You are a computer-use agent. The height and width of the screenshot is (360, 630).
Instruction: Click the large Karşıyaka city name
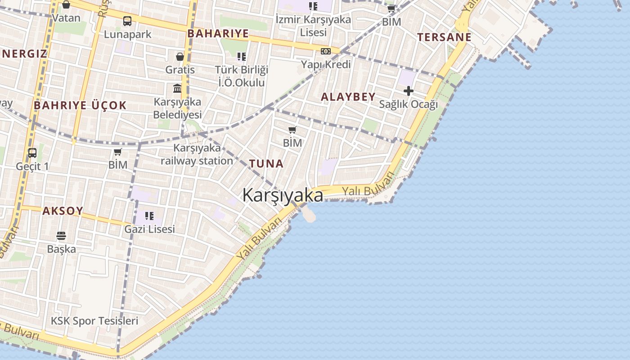click(x=283, y=195)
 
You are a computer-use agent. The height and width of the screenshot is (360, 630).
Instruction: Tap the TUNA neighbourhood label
click(x=266, y=164)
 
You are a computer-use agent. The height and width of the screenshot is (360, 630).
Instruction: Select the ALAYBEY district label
click(x=348, y=96)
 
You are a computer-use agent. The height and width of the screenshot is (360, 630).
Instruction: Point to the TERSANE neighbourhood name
click(x=444, y=37)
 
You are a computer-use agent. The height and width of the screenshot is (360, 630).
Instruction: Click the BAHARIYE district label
click(x=218, y=34)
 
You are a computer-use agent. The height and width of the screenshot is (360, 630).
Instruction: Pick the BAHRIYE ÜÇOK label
click(x=81, y=106)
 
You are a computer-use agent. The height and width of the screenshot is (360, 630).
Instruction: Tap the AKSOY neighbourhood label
click(x=63, y=211)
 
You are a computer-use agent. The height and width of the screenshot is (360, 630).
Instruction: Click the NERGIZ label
click(x=25, y=54)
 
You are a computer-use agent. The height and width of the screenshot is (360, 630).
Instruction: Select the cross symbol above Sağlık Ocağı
click(x=408, y=91)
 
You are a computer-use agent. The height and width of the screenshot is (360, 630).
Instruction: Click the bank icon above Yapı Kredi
click(x=326, y=51)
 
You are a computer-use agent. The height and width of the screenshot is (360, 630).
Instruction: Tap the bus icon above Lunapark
click(x=127, y=21)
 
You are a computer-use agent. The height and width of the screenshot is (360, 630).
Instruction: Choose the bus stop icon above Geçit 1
click(x=32, y=153)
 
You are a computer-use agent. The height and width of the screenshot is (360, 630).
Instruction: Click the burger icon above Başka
click(x=61, y=235)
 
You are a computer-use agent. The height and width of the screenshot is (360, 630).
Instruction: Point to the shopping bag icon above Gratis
click(x=180, y=57)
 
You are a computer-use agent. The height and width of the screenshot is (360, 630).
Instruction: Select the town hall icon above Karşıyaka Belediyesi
click(x=177, y=88)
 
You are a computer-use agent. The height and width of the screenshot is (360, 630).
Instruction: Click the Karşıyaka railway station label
click(x=197, y=154)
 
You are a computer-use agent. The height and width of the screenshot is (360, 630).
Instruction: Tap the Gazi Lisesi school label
click(x=149, y=229)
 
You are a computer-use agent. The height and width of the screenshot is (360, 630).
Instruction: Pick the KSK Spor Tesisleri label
click(x=94, y=321)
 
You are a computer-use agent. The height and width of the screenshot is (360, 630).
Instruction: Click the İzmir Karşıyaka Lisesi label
click(x=313, y=26)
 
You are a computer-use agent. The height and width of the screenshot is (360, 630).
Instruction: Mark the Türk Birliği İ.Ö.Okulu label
click(x=242, y=76)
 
